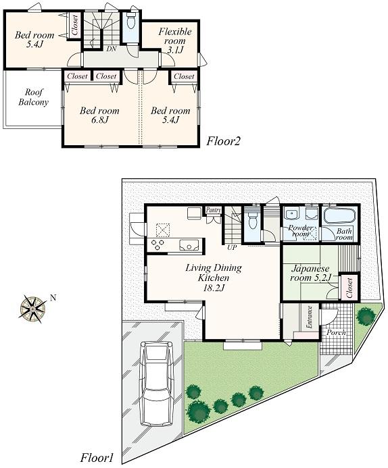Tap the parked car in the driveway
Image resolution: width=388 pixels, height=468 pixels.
point(157,383)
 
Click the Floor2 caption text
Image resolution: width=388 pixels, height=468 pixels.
point(224,141)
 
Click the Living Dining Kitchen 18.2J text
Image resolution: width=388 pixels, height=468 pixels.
point(213,278)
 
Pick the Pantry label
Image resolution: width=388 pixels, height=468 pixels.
point(214,211)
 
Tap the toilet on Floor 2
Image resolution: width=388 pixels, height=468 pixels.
point(130,22)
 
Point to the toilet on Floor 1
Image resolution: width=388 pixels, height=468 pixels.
point(253,222)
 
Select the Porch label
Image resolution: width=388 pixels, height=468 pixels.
point(336,332)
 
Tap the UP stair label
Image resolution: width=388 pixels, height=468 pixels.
point(232,248)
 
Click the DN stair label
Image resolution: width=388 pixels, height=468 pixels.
point(110,49)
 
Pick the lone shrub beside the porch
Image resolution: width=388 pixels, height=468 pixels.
point(365,315)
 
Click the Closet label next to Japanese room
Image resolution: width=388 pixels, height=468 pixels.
point(349,287)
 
